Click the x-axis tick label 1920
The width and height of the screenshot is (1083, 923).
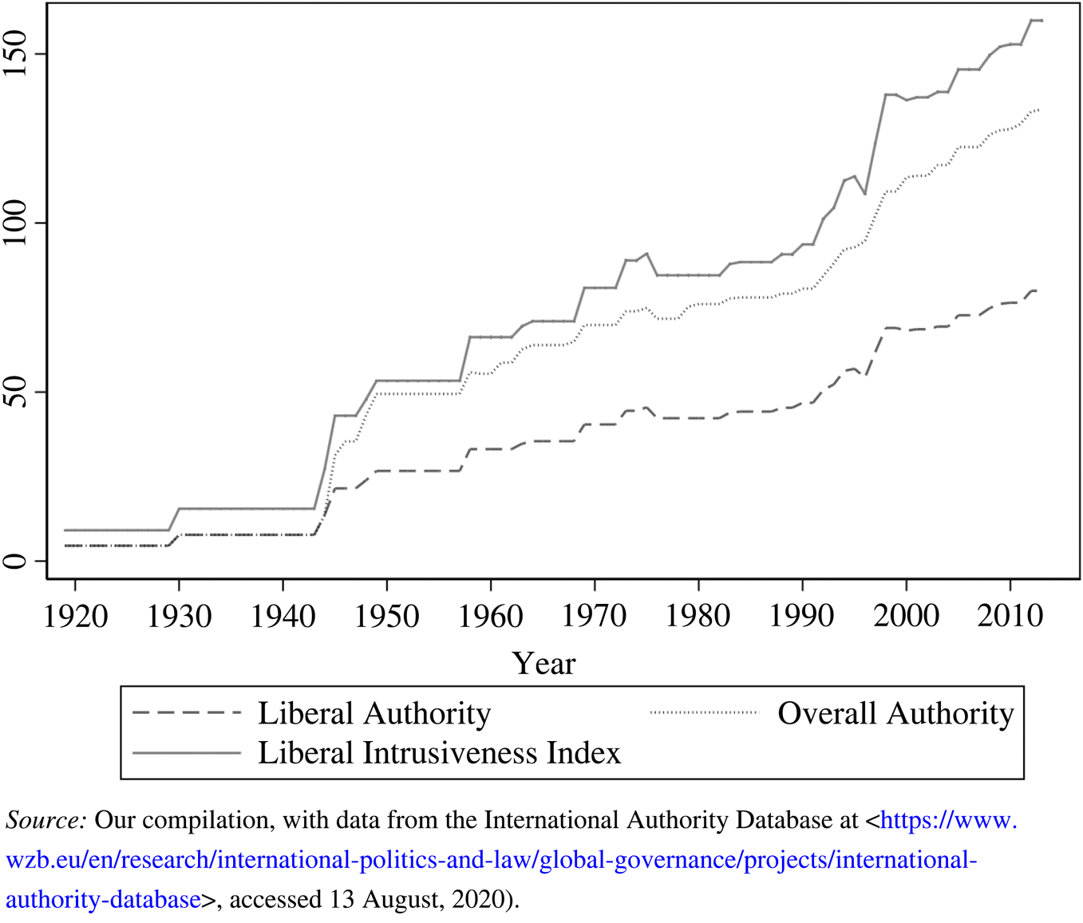click(75, 616)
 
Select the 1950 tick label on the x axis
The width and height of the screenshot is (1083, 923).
click(386, 616)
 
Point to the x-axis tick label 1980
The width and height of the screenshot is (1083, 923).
click(698, 616)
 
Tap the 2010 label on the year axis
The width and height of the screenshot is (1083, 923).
click(1010, 616)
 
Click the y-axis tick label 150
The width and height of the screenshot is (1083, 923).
click(16, 54)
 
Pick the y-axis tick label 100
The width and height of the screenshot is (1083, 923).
click(16, 223)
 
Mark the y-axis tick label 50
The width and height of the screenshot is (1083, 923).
click(16, 392)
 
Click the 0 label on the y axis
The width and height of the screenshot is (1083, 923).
click(16, 561)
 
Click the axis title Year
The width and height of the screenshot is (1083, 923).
click(543, 664)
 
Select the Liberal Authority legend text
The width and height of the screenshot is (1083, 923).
click(374, 713)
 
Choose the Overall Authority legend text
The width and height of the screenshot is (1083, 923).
click(895, 713)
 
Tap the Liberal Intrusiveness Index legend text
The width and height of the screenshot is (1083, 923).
click(439, 753)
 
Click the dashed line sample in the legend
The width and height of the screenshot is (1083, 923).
click(186, 712)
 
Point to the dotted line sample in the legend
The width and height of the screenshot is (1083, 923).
click(703, 712)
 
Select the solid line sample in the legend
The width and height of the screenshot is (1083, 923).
click(186, 752)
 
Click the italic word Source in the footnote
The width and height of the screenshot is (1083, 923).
click(45, 820)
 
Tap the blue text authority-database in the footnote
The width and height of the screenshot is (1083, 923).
click(103, 899)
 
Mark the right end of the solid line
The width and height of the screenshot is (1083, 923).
click(1041, 21)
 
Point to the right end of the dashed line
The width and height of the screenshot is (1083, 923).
click(1036, 290)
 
